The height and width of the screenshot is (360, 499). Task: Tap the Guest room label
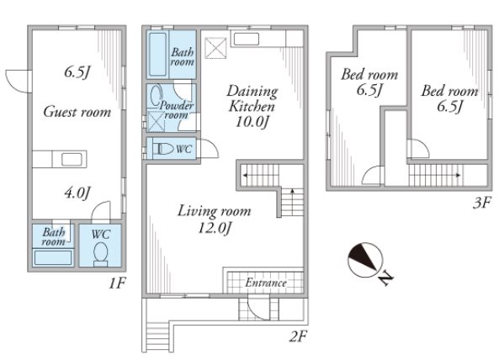pyautogui.click(x=77, y=112)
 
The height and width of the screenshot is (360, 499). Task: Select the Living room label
pyautogui.click(x=215, y=211)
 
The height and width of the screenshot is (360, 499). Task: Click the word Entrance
pyautogui.click(x=266, y=283)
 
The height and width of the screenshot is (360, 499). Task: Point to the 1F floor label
pyautogui.click(x=118, y=283)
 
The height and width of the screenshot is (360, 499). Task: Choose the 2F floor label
pyautogui.click(x=298, y=336)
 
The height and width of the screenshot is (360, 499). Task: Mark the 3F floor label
pyautogui.click(x=482, y=203)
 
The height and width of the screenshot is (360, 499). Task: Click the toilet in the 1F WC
pyautogui.click(x=101, y=254)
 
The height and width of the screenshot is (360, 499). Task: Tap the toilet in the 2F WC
pyautogui.click(x=162, y=149)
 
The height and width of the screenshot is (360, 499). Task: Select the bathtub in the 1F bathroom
pyautogui.click(x=53, y=257)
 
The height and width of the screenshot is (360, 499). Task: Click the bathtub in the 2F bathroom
pyautogui.click(x=158, y=55)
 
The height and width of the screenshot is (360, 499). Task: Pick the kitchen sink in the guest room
pyautogui.click(x=72, y=159)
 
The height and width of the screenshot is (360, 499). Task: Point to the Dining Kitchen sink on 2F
pyautogui.click(x=247, y=40)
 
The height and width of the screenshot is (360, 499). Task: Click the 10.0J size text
pyautogui.click(x=252, y=121)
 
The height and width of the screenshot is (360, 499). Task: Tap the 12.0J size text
pyautogui.click(x=215, y=228)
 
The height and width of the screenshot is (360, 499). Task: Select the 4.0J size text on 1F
pyautogui.click(x=77, y=193)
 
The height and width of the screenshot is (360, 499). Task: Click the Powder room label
pyautogui.click(x=177, y=109)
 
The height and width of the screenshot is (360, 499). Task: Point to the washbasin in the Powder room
pyautogui.click(x=156, y=95)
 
